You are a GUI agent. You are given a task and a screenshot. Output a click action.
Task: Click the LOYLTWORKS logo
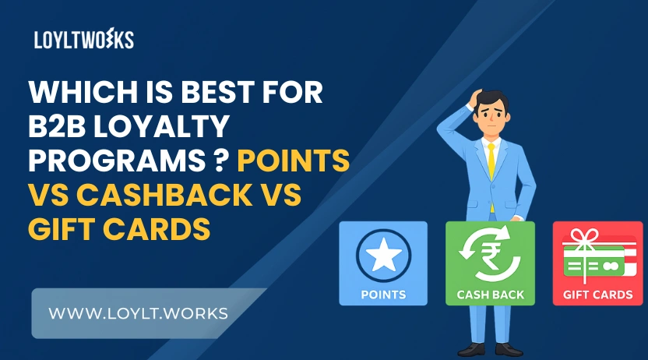(x=84, y=40)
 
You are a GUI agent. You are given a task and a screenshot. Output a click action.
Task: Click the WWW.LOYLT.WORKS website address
(x=138, y=313)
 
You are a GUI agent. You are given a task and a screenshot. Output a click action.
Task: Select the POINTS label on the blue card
(x=383, y=295)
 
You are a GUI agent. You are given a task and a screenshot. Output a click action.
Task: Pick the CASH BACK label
(x=490, y=295)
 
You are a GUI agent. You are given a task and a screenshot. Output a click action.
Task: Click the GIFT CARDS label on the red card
(x=597, y=295)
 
